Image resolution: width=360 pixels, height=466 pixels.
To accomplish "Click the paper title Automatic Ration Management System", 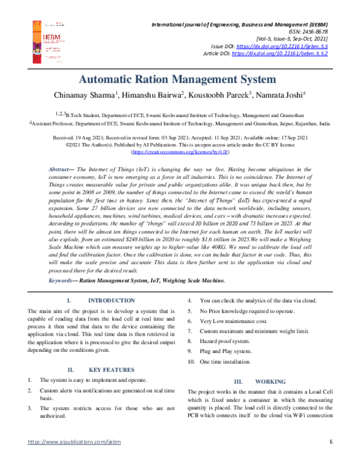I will [180, 79].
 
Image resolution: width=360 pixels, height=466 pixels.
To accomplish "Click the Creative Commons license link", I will [180, 153].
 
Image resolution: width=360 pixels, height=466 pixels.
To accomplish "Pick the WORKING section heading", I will [265, 381].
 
